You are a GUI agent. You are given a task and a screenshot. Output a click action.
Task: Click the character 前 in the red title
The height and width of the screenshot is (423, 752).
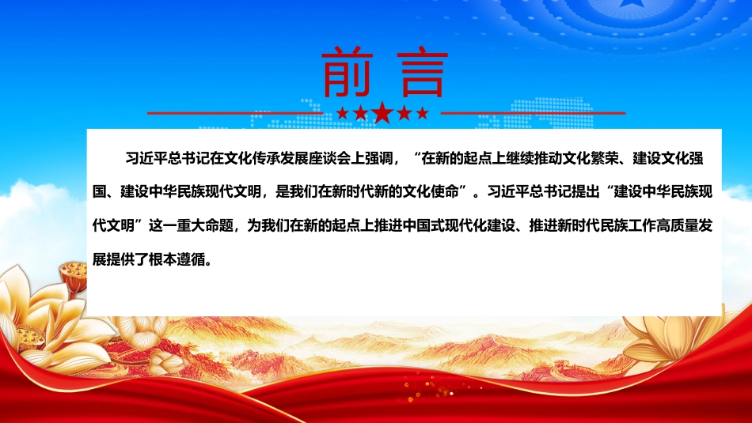click(x=348, y=72)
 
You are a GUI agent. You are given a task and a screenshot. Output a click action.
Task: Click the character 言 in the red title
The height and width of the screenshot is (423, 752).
click(x=423, y=72)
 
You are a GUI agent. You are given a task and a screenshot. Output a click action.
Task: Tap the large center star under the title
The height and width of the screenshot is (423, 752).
click(x=382, y=112)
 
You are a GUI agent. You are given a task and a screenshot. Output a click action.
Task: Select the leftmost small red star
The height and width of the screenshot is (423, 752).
click(x=343, y=113)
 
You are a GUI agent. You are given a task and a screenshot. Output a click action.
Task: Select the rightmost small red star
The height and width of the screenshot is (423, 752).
click(x=422, y=113)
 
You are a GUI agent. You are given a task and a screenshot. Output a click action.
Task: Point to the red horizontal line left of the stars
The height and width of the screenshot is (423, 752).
click(x=235, y=114)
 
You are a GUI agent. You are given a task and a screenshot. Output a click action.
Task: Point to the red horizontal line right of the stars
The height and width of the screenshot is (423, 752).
click(x=533, y=114)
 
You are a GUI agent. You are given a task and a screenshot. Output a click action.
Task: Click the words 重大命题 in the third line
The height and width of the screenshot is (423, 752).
click(x=205, y=225)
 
